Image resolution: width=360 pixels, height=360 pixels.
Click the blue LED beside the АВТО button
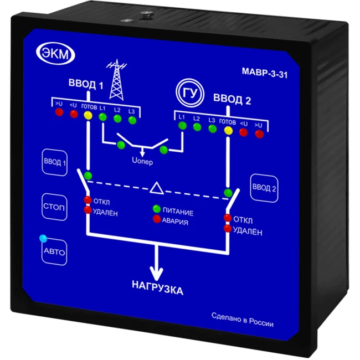pos(43,239)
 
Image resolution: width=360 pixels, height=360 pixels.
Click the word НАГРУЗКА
pos(157,289)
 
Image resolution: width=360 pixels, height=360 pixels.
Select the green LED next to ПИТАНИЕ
pos(157,209)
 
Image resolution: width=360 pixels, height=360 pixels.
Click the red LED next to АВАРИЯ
pos(157,220)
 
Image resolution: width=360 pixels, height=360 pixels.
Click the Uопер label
pos(142,162)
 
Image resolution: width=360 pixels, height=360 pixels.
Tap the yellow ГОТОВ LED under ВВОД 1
pos(88,115)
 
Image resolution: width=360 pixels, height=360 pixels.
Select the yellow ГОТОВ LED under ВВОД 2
pos(228,131)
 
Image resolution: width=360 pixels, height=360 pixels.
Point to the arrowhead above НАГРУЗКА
pos(158,274)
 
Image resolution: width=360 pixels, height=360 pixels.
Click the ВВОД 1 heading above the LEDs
pos(86,85)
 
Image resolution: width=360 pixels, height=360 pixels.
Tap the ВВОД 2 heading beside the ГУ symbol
pos(232,100)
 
